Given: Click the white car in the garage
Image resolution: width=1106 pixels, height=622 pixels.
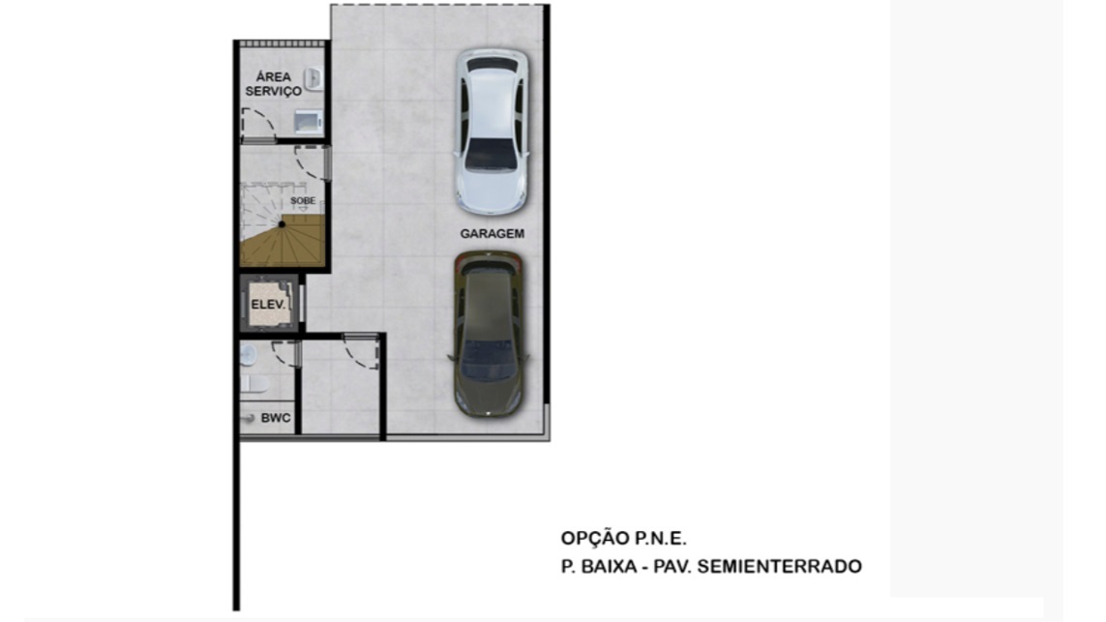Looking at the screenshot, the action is point(492,132).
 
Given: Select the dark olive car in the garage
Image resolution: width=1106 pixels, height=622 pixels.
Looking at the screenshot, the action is point(489,333).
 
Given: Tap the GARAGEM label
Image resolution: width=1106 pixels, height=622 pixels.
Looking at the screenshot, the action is point(492,233).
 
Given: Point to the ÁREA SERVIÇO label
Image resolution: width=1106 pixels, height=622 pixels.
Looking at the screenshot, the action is point(273,84).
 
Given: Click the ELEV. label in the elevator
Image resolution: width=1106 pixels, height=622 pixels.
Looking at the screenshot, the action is point(268,305).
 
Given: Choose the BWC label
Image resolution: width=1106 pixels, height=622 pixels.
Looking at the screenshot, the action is point(275,418).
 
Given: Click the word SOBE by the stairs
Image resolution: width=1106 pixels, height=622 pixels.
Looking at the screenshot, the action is point(303,201).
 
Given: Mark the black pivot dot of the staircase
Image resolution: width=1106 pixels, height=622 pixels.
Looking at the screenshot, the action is point(282,224).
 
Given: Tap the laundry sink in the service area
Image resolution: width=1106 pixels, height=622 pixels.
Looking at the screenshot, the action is point(314,79).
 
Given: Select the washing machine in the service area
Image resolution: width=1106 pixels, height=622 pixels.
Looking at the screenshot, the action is point(309,122).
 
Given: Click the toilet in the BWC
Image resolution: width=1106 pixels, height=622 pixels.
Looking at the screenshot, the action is point(254,384).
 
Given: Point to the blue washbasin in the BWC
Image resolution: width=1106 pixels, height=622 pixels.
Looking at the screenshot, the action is point(247,355).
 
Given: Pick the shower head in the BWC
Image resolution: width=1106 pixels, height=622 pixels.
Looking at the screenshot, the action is point(247,419).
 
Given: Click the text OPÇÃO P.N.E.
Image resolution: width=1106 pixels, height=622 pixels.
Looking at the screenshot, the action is point(623,538).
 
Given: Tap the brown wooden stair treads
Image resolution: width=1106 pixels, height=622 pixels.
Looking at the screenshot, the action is point(283,244).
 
